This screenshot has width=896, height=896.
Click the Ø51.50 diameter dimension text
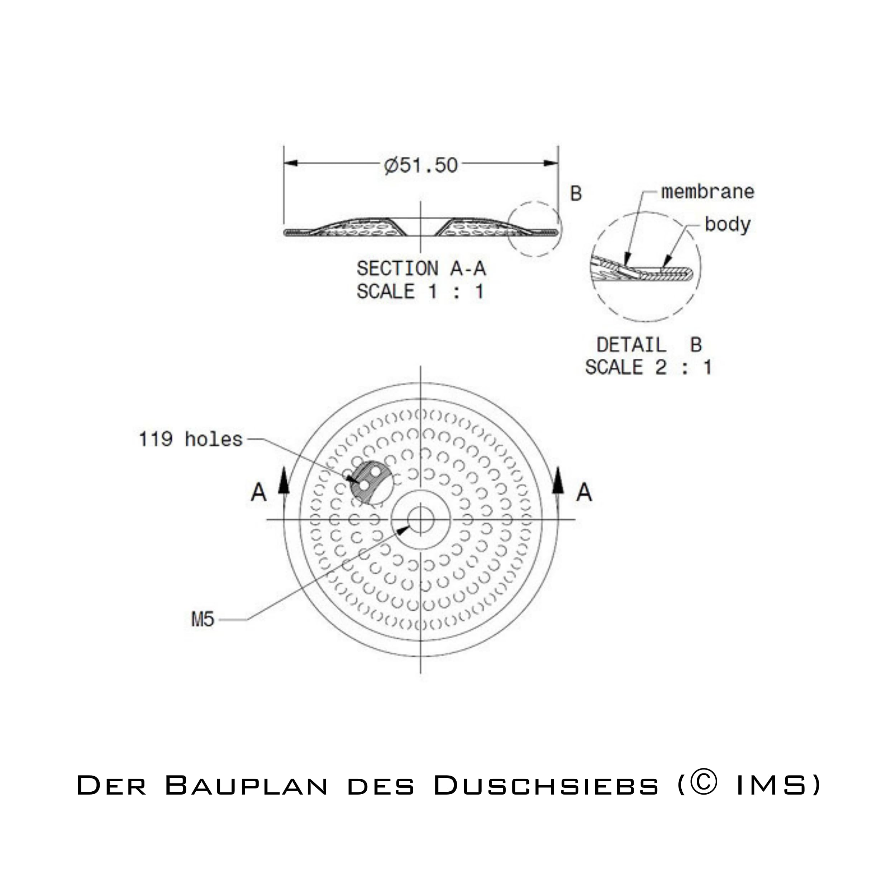click(421, 165)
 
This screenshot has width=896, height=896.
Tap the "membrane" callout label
click(707, 191)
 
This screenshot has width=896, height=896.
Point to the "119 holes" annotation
click(191, 439)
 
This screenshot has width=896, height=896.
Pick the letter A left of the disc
click(259, 492)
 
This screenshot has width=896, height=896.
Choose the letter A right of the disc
click(584, 492)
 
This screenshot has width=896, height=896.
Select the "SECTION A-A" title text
click(421, 268)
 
